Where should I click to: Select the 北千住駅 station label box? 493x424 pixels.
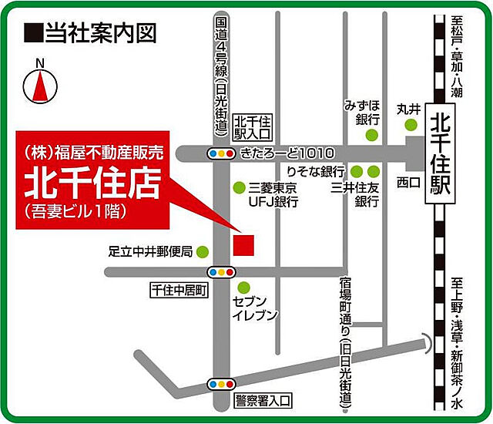coord(440,155)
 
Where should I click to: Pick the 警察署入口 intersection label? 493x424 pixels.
coord(263,400)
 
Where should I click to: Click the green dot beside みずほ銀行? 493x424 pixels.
coord(372,135)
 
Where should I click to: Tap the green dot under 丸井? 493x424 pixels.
coord(413,125)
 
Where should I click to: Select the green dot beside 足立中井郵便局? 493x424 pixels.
coord(203,251)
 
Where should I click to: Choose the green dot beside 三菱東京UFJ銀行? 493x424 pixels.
coord(237,188)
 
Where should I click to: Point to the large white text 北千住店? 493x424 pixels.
coord(92,183)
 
